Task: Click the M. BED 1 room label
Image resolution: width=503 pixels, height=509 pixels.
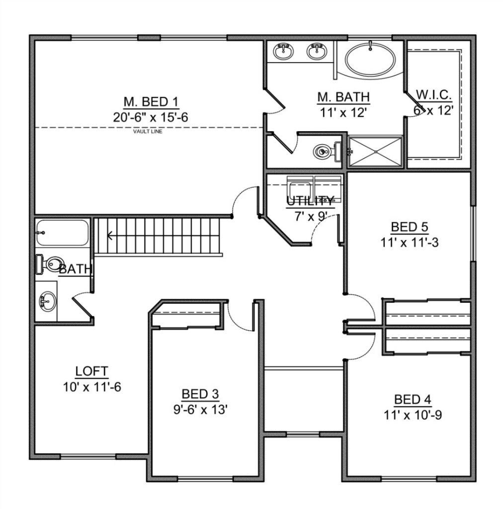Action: [151, 102]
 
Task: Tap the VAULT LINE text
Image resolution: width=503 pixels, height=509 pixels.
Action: [148, 131]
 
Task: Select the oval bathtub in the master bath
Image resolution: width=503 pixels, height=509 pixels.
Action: [370, 59]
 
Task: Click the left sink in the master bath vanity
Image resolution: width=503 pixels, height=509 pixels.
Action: [283, 51]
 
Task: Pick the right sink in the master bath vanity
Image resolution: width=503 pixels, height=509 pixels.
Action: [317, 51]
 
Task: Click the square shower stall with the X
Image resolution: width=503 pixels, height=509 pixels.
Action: [375, 152]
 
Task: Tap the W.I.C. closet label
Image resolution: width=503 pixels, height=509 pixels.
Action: [434, 95]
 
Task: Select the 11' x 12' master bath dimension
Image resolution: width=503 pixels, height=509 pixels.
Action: [343, 112]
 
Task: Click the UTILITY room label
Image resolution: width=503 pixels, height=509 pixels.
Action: [310, 201]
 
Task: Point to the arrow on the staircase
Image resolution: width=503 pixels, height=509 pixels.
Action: [110, 235]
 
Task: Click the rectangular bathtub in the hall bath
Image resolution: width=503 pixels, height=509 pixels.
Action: [62, 233]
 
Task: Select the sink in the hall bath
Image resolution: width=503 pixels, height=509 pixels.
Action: [47, 301]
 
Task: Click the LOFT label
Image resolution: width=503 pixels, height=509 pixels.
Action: [91, 371]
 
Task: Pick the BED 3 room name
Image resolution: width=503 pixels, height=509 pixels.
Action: [200, 394]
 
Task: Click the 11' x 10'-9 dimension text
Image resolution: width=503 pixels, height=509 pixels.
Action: [413, 415]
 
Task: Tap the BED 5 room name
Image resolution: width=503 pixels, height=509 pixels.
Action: [410, 227]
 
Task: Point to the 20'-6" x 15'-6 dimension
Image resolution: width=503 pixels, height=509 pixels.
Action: [151, 117]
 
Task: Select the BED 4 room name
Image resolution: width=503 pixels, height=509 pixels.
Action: [413, 399]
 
